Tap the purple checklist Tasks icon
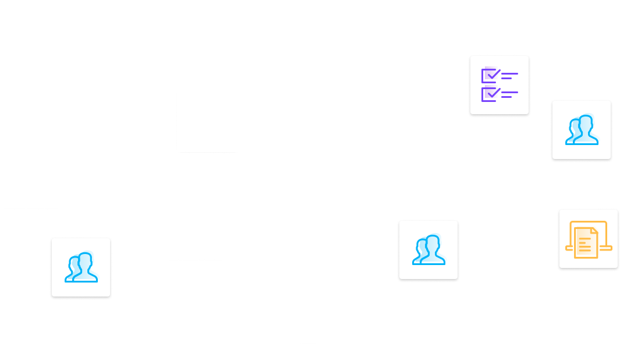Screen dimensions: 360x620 (x=499, y=84)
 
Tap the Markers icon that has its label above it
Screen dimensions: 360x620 (x=582, y=130)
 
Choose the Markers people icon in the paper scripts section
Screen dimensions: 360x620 (x=81, y=268)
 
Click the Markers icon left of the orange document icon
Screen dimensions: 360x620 (x=428, y=250)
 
